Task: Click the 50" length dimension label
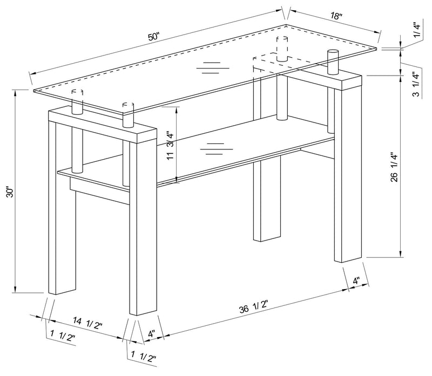coord(154,37)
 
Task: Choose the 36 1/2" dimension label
coord(251,310)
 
